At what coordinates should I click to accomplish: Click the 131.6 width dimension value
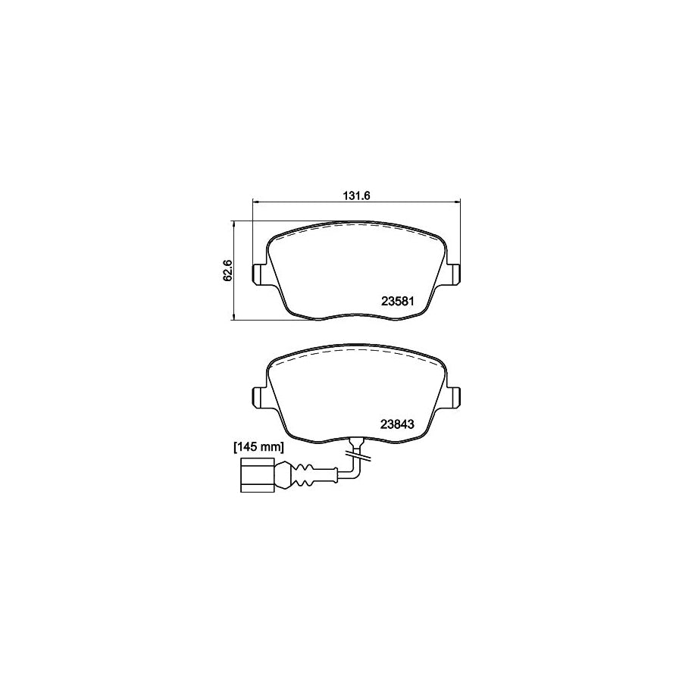coord(355,195)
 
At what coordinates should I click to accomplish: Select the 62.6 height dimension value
coord(226,271)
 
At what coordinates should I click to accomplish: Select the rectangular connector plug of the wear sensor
coord(255,476)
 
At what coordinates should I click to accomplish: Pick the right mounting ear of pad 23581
coord(454,274)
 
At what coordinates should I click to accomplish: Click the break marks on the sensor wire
coord(355,454)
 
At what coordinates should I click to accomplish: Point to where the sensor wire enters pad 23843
coord(355,442)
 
